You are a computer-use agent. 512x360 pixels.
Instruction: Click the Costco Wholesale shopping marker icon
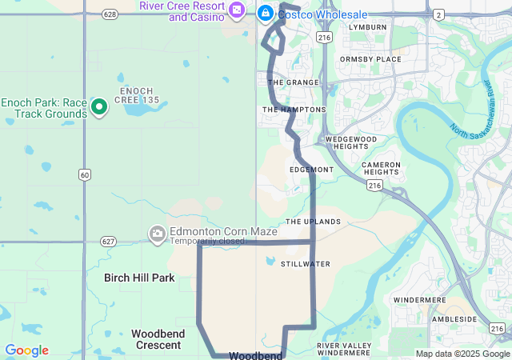pos(265,14)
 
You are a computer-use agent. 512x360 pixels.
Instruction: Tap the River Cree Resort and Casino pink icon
pos(237,10)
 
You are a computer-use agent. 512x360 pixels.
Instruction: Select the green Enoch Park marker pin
pos(99,106)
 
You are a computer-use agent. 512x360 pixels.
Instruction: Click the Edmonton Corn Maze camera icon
pos(157,233)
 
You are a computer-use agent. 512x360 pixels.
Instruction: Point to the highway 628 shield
pos(110,14)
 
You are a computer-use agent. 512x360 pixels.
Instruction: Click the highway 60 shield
pos(84,174)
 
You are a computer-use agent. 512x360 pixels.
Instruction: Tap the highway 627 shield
pos(109,241)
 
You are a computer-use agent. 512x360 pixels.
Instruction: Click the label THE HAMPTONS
pos(294,110)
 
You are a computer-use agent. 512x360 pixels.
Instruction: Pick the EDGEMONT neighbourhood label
pos(311,170)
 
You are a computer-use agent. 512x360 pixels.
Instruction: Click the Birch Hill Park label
pos(139,278)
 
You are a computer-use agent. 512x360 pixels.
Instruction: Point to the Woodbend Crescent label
pos(158,338)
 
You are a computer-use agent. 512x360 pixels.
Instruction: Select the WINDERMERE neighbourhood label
pos(419,299)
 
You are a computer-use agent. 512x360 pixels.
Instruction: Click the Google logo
pos(26,350)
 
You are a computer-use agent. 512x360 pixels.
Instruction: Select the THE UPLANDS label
pos(313,222)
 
